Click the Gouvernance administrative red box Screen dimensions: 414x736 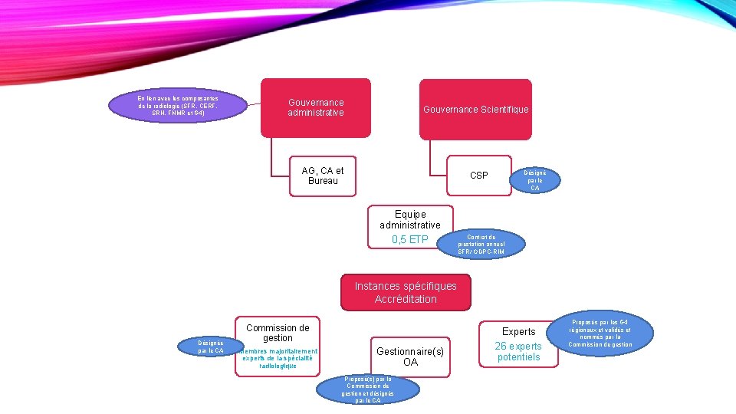pyautogui.click(x=316, y=108)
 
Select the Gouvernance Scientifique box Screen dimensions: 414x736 pyautogui.click(x=475, y=110)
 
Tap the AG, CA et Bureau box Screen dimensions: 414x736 pyautogui.click(x=323, y=176)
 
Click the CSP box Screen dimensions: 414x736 pyautogui.click(x=478, y=176)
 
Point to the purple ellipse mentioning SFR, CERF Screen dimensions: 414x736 pyautogui.click(x=177, y=106)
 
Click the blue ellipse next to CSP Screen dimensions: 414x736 pyautogui.click(x=535, y=180)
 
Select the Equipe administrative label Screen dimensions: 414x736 pyautogui.click(x=410, y=219)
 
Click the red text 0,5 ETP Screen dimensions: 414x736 pyautogui.click(x=410, y=240)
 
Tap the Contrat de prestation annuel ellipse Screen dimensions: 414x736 pyautogui.click(x=481, y=245)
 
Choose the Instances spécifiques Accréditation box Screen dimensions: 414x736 pyautogui.click(x=406, y=292)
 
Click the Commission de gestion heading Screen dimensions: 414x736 pyautogui.click(x=278, y=333)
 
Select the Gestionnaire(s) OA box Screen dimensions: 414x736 pyautogui.click(x=410, y=356)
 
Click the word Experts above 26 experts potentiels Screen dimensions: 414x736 pyautogui.click(x=519, y=331)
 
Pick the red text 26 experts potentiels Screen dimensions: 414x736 pyautogui.click(x=519, y=352)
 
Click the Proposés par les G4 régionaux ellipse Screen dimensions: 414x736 pyautogui.click(x=611, y=333)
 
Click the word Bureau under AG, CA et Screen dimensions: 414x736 pyautogui.click(x=323, y=181)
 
